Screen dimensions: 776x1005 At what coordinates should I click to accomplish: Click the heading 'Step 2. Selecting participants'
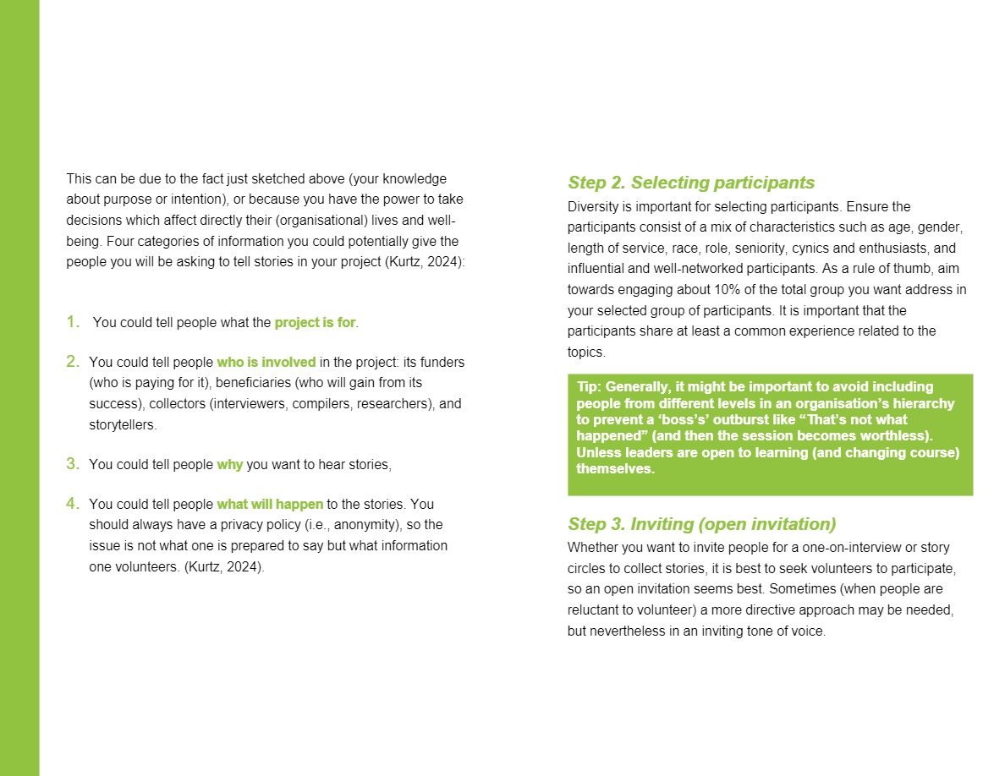[691, 183]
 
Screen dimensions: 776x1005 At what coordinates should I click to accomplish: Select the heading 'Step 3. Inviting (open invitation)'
[701, 523]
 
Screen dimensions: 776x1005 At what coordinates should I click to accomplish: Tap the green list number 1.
[73, 322]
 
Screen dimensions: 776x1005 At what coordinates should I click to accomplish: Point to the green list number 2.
[73, 362]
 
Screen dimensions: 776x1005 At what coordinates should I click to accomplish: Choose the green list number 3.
[73, 464]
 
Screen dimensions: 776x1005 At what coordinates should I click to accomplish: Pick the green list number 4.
[73, 504]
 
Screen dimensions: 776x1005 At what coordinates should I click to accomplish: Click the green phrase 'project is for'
[315, 323]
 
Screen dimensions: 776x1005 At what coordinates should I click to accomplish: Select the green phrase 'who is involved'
[266, 363]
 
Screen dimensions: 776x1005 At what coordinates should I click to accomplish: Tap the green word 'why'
[229, 465]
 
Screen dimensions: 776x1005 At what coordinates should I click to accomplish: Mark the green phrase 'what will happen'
[270, 505]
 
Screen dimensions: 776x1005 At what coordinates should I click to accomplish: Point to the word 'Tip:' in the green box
[590, 387]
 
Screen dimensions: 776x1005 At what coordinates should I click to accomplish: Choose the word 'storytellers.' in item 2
[124, 425]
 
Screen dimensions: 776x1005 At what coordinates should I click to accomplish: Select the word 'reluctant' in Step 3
[596, 609]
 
